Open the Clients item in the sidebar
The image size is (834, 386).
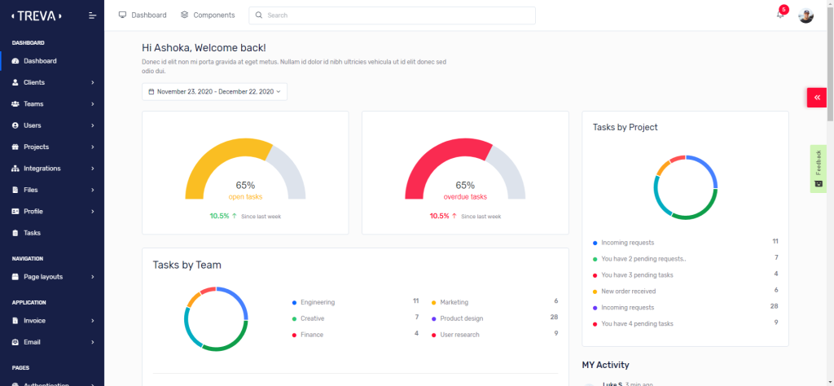pyautogui.click(x=34, y=82)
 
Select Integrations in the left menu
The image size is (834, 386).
pyautogui.click(x=42, y=169)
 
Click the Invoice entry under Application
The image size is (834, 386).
pyautogui.click(x=35, y=321)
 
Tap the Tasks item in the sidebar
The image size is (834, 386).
pyautogui.click(x=32, y=233)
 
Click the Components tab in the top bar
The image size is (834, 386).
pyautogui.click(x=208, y=15)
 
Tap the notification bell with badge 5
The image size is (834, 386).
pyautogui.click(x=780, y=15)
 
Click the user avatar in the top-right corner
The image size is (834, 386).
pyautogui.click(x=805, y=15)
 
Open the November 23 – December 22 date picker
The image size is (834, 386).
pyautogui.click(x=214, y=92)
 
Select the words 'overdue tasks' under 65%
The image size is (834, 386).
pyautogui.click(x=465, y=196)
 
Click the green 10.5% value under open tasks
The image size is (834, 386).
pyautogui.click(x=219, y=216)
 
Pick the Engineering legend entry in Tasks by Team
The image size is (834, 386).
pyautogui.click(x=317, y=302)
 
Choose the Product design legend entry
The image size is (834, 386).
pyautogui.click(x=461, y=318)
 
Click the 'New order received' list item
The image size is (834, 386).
pyautogui.click(x=628, y=291)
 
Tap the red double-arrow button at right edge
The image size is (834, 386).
pyautogui.click(x=816, y=97)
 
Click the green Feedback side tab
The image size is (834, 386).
pyautogui.click(x=819, y=169)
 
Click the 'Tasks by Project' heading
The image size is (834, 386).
pyautogui.click(x=625, y=127)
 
